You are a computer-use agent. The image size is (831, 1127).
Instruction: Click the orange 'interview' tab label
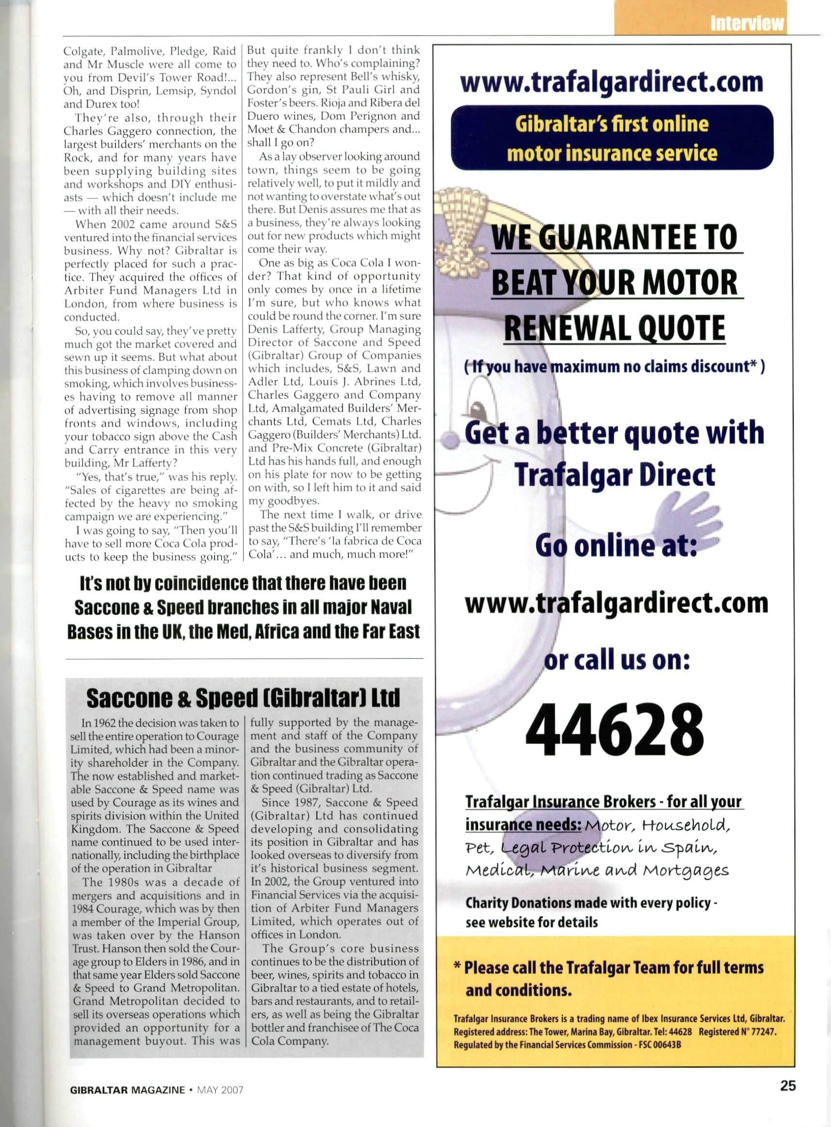[747, 23]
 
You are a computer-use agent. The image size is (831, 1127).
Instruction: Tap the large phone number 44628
[614, 729]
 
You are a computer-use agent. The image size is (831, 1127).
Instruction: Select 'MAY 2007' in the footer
[220, 1090]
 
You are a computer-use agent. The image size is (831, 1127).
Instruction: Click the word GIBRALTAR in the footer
[99, 1090]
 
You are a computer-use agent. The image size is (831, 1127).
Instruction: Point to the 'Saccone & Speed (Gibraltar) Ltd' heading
[243, 698]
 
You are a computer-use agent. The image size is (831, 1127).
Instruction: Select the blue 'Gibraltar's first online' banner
[612, 137]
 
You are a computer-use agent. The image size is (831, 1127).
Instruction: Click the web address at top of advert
[611, 82]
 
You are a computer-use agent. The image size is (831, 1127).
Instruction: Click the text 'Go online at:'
[616, 545]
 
